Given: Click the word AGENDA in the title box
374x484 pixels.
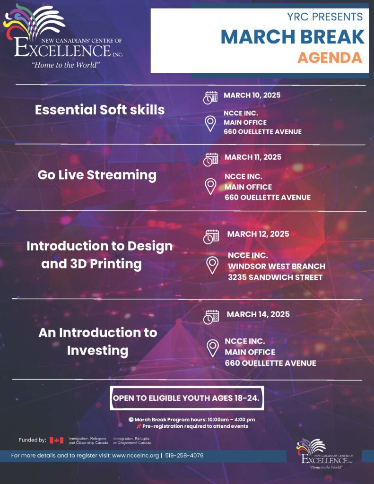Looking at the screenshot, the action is click(x=330, y=58).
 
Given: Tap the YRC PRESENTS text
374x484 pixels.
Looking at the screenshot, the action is click(x=325, y=17).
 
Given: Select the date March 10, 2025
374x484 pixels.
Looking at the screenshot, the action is click(x=252, y=95).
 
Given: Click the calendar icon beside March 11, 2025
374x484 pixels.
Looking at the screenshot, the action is click(x=210, y=159).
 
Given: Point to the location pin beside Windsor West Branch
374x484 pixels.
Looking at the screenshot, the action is click(x=212, y=266).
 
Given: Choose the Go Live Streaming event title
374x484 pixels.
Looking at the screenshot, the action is click(x=97, y=175).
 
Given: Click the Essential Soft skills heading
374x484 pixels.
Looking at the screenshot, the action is click(x=100, y=110).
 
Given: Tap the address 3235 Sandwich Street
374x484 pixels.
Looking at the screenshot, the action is click(x=275, y=277).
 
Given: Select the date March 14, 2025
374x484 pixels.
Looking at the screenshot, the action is click(x=258, y=314).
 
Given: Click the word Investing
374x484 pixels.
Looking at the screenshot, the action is click(x=97, y=351).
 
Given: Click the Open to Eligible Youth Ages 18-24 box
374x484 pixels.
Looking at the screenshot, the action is click(x=187, y=398).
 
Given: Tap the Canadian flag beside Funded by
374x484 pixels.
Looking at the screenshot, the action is click(x=57, y=440).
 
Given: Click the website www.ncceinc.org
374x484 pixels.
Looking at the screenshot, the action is click(x=135, y=455).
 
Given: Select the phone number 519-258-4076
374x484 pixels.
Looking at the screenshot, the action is click(x=184, y=455).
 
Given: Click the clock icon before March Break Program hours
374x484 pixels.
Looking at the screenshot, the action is click(x=131, y=420).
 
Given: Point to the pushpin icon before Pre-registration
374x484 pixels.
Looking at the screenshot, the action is click(x=139, y=426).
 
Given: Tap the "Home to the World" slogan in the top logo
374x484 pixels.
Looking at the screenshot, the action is click(x=66, y=65).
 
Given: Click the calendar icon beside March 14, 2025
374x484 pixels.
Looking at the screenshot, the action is click(x=211, y=317).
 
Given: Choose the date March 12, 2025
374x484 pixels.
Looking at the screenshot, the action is click(x=258, y=234).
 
